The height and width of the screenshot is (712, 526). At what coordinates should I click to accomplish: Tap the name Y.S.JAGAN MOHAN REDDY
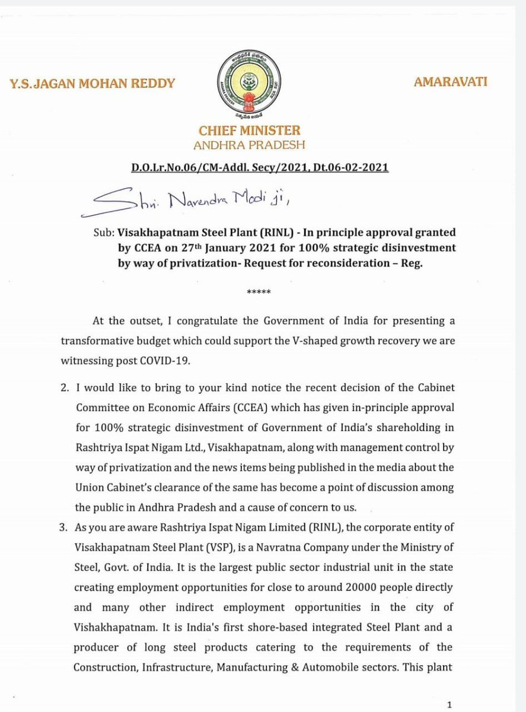coord(93,83)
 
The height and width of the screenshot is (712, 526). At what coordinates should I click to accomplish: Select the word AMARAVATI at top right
coord(450,81)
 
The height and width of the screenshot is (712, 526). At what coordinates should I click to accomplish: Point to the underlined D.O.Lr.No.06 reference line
coord(260,168)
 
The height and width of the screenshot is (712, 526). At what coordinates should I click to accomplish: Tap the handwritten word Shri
coord(132,202)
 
